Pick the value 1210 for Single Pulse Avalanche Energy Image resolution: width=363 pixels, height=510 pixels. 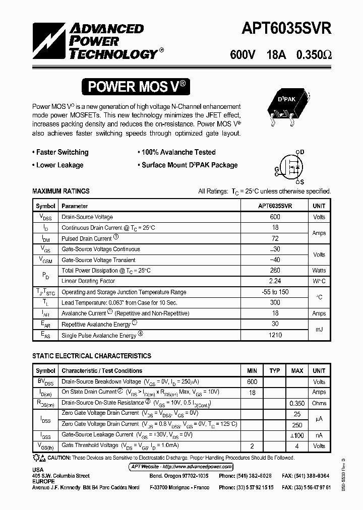[275, 335]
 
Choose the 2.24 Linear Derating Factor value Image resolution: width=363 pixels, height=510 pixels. [275, 281]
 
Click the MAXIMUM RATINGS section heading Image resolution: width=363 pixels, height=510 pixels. [61, 192]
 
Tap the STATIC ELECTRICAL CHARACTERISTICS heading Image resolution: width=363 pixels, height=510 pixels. [92, 356]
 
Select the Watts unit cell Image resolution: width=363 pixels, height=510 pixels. [319, 271]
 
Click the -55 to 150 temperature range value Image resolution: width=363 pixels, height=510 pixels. [275, 292]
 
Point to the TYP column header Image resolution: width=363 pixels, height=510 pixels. [274, 371]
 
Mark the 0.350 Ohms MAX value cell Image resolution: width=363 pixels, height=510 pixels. [297, 403]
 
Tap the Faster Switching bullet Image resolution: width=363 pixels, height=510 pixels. [60, 152]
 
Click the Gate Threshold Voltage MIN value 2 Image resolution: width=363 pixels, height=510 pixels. [252, 446]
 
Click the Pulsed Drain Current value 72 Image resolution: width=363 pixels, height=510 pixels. [275, 238]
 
